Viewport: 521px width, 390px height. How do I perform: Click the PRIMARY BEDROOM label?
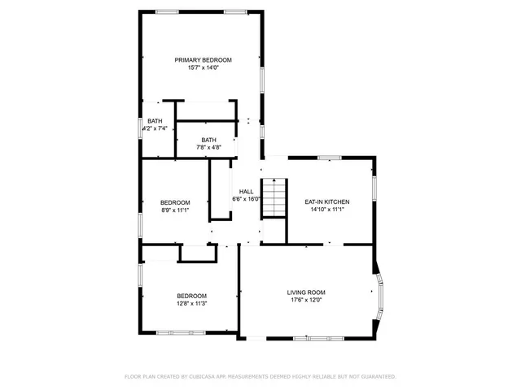tap(204, 60)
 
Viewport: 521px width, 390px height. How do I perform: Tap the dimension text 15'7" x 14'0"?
tap(204, 68)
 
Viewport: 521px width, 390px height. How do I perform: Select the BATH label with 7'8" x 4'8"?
tap(209, 139)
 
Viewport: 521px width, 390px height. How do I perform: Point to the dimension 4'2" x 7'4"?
tap(155, 128)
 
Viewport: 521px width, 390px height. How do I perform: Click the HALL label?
tap(246, 192)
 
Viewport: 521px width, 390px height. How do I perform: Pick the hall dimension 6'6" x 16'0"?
tap(246, 199)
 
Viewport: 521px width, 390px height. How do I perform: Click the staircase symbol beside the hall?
tap(275, 198)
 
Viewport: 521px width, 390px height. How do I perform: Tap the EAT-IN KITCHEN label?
tap(327, 201)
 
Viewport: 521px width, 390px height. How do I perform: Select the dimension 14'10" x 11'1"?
tap(327, 210)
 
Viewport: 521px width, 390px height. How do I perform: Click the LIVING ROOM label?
tap(306, 292)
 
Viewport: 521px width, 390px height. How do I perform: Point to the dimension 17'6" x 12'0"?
tap(306, 301)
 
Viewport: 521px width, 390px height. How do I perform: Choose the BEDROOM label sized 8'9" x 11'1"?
tap(175, 202)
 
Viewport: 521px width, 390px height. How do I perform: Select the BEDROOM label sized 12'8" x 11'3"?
tap(192, 296)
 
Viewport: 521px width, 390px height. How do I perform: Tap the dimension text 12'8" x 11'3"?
tap(192, 304)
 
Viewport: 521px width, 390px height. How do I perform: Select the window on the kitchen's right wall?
tap(374, 188)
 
